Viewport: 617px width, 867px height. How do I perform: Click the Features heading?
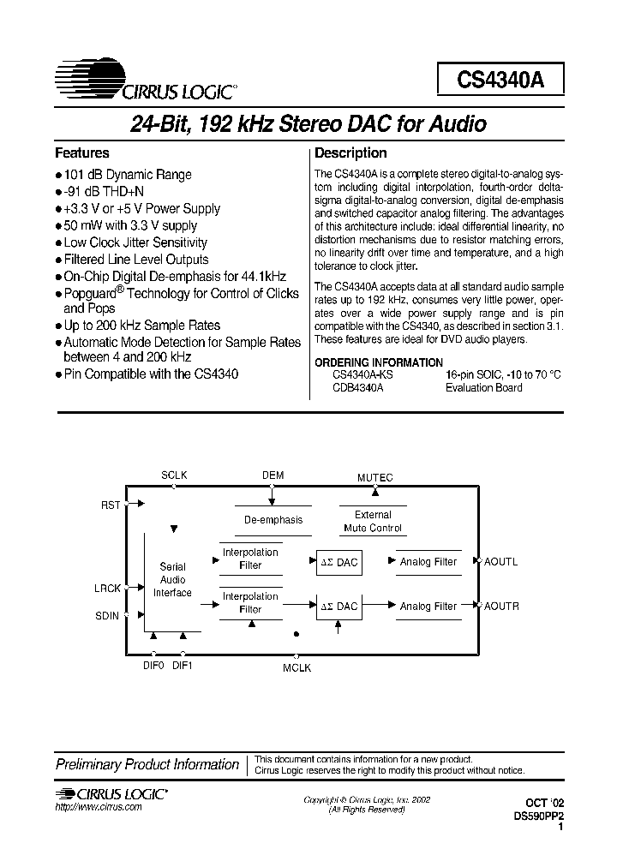click(x=82, y=153)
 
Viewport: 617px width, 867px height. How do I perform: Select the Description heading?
click(x=350, y=153)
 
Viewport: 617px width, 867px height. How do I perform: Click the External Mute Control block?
click(x=373, y=521)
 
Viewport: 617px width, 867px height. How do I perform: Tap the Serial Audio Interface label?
click(x=173, y=579)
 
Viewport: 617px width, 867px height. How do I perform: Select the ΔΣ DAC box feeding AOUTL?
click(x=338, y=562)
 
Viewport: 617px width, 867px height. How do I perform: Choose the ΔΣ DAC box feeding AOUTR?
click(x=338, y=607)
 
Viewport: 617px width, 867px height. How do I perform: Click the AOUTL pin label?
click(x=501, y=562)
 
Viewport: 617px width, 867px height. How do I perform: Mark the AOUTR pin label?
click(x=501, y=607)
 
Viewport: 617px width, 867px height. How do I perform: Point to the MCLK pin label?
click(x=297, y=667)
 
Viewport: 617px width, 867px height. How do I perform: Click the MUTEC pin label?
click(x=374, y=476)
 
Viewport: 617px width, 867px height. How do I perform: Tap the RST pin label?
click(x=111, y=505)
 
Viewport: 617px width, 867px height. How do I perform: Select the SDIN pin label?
click(x=108, y=615)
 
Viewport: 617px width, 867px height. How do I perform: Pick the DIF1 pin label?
click(x=183, y=665)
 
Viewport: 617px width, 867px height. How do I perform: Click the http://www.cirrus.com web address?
click(x=99, y=808)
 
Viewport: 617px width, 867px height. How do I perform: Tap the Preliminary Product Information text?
click(x=147, y=764)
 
